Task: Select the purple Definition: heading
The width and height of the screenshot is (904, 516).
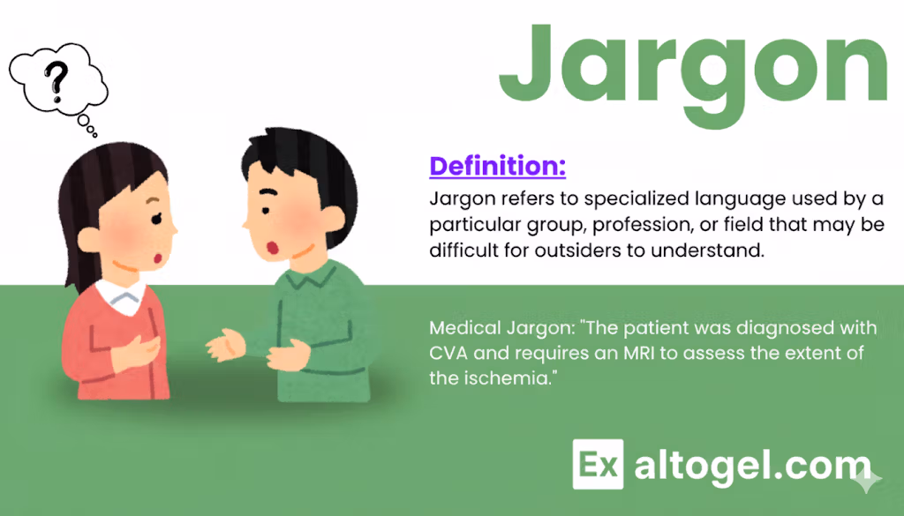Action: coord(498,166)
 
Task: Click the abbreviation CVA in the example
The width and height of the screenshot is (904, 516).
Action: coord(448,353)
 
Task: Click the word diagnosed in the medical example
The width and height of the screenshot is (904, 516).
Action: coord(782,328)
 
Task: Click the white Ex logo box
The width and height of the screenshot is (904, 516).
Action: coord(598,464)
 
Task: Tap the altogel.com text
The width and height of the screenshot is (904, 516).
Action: coord(752,467)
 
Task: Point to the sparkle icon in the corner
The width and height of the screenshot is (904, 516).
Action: coord(868,480)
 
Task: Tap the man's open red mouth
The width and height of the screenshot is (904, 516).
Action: coord(272,248)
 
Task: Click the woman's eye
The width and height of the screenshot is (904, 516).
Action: coord(156,218)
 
